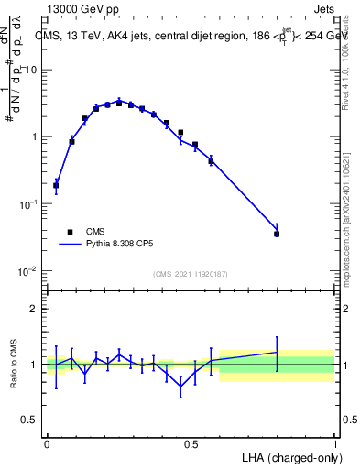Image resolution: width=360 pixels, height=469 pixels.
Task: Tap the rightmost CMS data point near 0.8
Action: pyautogui.click(x=277, y=234)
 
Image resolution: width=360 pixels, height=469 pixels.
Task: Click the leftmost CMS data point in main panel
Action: pyautogui.click(x=56, y=185)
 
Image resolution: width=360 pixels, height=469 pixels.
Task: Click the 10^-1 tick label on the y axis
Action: pyautogui.click(x=31, y=204)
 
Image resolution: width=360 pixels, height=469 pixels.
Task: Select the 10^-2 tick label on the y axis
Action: pyautogui.click(x=31, y=271)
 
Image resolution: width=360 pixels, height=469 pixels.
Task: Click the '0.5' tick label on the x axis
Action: pyautogui.click(x=191, y=444)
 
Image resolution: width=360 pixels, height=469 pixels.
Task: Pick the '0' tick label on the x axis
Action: pyautogui.click(x=47, y=444)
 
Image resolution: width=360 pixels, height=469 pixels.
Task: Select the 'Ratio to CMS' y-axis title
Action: pyautogui.click(x=11, y=365)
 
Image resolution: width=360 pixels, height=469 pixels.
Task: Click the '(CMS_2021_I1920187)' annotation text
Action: pyautogui.click(x=191, y=274)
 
